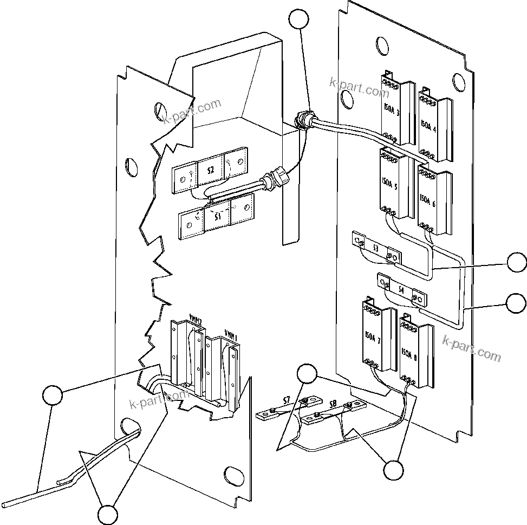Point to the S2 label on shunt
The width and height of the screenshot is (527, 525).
pos(210,170)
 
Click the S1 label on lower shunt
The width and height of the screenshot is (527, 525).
pos(217,217)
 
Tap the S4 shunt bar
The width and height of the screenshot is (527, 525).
pos(401,290)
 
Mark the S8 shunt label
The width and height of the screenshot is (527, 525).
pos(333,404)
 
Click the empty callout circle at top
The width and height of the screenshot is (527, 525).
pos(300,20)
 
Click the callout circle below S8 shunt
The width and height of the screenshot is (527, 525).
pos(394,469)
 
